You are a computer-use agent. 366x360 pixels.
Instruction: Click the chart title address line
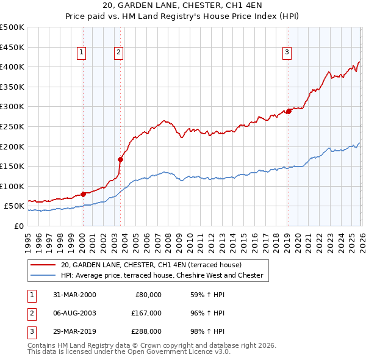tap(182, 5)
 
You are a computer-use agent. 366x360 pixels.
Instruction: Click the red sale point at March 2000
tap(83, 194)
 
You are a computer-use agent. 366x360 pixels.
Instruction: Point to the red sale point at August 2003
tap(120, 159)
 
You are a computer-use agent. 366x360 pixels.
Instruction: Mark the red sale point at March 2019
tap(289, 111)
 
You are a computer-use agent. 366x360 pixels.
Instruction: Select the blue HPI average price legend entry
tap(162, 275)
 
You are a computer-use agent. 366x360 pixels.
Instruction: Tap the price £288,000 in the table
tap(146, 332)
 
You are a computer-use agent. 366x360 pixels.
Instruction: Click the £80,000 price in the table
tap(148, 294)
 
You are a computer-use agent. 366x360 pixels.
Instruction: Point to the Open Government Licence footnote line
tap(129, 351)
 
